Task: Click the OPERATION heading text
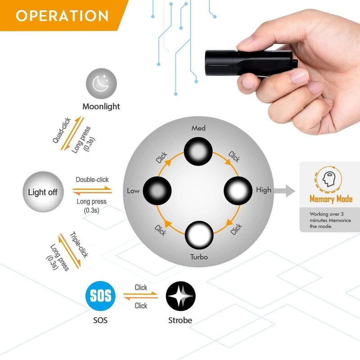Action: coord(62,16)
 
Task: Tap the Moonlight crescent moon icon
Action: coord(101,84)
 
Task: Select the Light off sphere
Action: coord(43,192)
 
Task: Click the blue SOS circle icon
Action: coord(100,296)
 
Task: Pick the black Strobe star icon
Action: coord(181,296)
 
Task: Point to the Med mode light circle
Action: coord(198,151)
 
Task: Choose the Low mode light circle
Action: coord(157,191)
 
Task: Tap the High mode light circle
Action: coord(238,190)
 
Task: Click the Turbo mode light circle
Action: coord(199,235)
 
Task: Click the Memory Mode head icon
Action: coord(328,179)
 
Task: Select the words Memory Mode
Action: coord(331,199)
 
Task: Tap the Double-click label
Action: coord(92,180)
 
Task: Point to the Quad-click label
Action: coord(62,130)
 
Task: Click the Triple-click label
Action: coord(79,245)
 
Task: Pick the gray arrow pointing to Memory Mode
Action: coord(284,191)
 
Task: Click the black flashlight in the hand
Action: coord(251,63)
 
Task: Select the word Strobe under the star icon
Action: coord(180,320)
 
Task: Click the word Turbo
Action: coord(199,257)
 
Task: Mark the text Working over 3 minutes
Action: coord(327,217)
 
